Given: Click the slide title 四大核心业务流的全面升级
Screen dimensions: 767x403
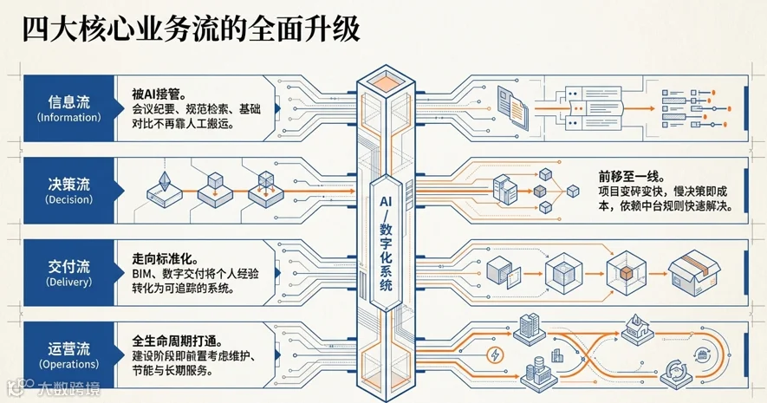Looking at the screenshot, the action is click(x=192, y=29).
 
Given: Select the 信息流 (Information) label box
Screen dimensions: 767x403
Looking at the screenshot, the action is click(x=69, y=108).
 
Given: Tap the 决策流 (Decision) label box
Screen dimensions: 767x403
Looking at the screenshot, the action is click(x=69, y=191).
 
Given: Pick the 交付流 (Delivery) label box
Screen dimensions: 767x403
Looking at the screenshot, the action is click(x=69, y=273).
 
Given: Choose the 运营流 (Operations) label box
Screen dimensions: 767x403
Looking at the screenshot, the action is click(x=69, y=355).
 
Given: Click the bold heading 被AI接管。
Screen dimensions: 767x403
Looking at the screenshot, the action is click(x=159, y=93).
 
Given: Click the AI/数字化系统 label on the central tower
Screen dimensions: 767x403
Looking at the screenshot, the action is click(x=386, y=243).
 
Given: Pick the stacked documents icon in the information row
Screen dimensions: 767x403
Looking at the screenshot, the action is click(x=513, y=107).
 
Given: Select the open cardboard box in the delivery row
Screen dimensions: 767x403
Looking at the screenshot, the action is click(x=694, y=272).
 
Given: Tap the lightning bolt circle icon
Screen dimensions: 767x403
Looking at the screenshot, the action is click(x=495, y=354).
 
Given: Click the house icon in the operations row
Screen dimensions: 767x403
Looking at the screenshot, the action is click(x=637, y=330).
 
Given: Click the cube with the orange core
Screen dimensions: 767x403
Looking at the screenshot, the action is click(x=626, y=273).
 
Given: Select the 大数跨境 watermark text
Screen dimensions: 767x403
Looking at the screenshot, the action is click(x=69, y=389).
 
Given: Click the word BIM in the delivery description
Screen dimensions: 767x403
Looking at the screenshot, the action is click(x=142, y=274).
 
